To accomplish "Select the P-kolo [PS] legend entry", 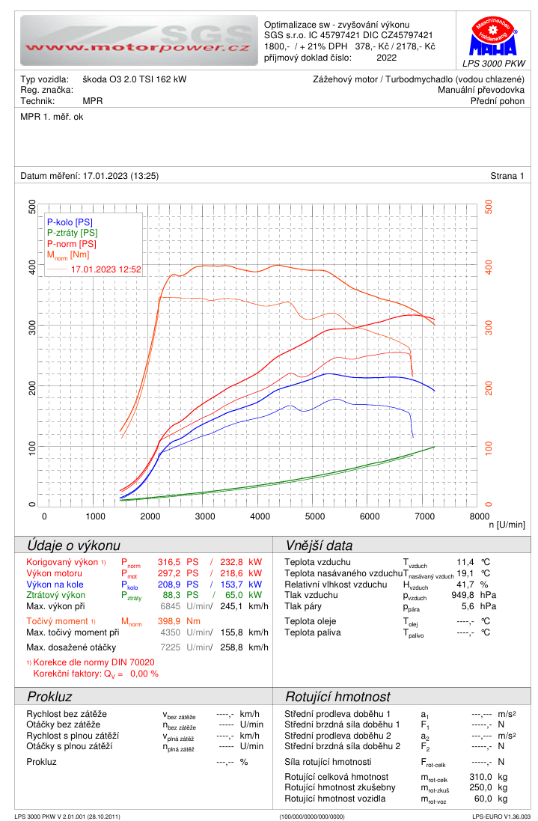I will click(x=70, y=222).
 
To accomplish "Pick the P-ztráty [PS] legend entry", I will click(x=72, y=233).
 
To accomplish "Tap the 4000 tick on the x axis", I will click(x=260, y=516).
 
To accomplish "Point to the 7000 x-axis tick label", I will click(x=424, y=516).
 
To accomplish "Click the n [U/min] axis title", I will click(x=507, y=525).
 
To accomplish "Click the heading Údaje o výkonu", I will click(x=73, y=546).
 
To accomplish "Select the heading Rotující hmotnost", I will click(x=337, y=697).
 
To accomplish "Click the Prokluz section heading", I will click(x=49, y=697).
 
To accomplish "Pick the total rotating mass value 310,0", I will click(x=480, y=777).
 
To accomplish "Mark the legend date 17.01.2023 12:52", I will click(x=106, y=268).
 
